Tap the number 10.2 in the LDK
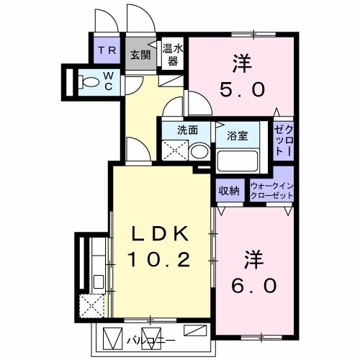point(160,258)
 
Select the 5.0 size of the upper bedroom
point(243,89)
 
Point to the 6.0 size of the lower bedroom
point(253,284)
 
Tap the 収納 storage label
point(230,191)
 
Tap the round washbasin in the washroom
point(199,150)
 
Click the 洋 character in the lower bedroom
point(253,258)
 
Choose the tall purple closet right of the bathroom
point(283,140)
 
